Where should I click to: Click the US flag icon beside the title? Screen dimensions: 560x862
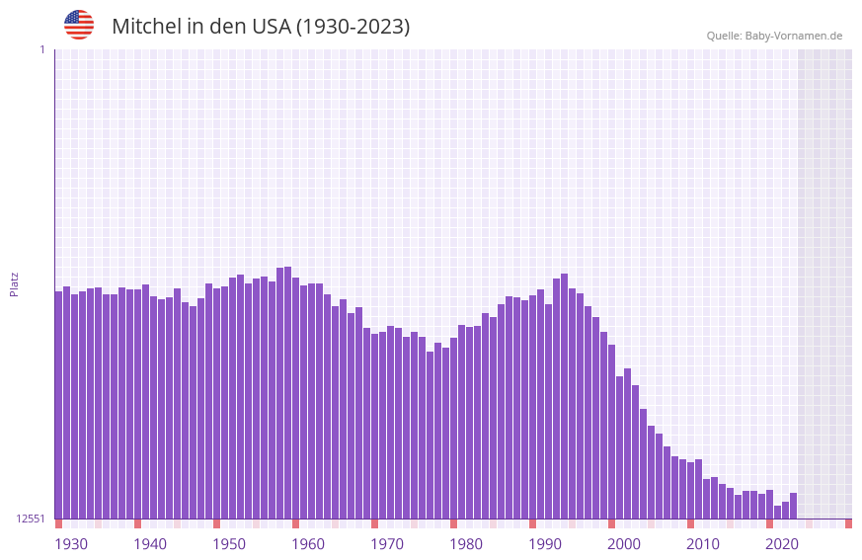click(79, 25)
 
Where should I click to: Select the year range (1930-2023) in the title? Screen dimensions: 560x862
click(353, 27)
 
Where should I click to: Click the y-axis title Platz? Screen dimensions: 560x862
click(14, 283)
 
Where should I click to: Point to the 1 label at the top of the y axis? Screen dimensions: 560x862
click(41, 49)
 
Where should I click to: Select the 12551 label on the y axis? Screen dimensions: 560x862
click(31, 519)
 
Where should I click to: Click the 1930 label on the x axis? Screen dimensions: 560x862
click(71, 544)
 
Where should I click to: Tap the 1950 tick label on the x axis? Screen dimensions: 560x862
click(229, 544)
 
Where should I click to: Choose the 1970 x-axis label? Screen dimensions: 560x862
click(387, 544)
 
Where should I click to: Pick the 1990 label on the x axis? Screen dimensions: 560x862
click(545, 544)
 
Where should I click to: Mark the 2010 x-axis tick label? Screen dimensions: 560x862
click(703, 544)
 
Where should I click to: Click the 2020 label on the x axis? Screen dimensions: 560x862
click(782, 544)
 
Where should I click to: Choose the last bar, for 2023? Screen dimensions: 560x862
click(793, 506)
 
